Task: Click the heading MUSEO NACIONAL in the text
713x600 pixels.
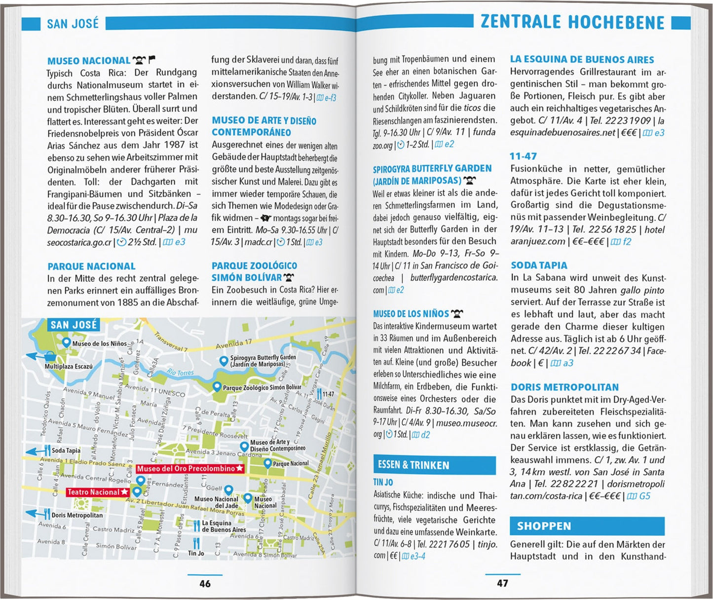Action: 89,61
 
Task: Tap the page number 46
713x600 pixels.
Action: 205,583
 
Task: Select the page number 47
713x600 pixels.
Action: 502,583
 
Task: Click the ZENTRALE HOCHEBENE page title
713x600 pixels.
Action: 572,22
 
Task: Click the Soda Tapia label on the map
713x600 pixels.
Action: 66,450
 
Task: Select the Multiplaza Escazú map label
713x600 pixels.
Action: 69,367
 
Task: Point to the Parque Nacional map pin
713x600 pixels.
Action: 267,463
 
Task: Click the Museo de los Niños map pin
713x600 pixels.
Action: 66,342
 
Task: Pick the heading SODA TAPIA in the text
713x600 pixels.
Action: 539,265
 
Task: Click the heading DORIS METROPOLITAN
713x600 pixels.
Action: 564,387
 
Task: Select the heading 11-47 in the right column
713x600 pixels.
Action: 523,156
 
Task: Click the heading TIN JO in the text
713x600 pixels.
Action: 383,482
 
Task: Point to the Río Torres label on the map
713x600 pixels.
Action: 180,372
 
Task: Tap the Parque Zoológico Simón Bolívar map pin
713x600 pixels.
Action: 216,386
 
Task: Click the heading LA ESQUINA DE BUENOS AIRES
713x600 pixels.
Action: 582,60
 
